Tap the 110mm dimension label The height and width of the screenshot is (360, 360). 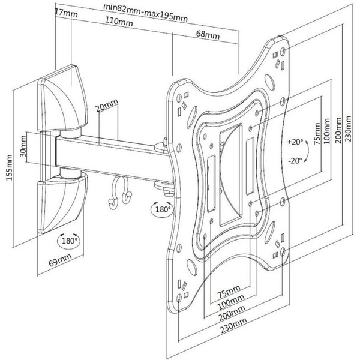click(119, 23)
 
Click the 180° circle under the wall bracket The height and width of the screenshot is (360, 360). click(69, 242)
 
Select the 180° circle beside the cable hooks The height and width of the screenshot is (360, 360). click(161, 210)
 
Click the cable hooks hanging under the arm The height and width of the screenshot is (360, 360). click(118, 194)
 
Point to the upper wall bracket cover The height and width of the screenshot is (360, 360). click(62, 96)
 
